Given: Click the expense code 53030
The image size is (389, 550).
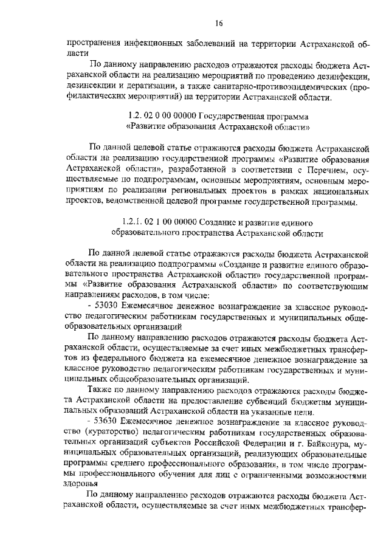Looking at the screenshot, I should (x=109, y=306).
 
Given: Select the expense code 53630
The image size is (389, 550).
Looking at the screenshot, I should (x=109, y=422).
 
